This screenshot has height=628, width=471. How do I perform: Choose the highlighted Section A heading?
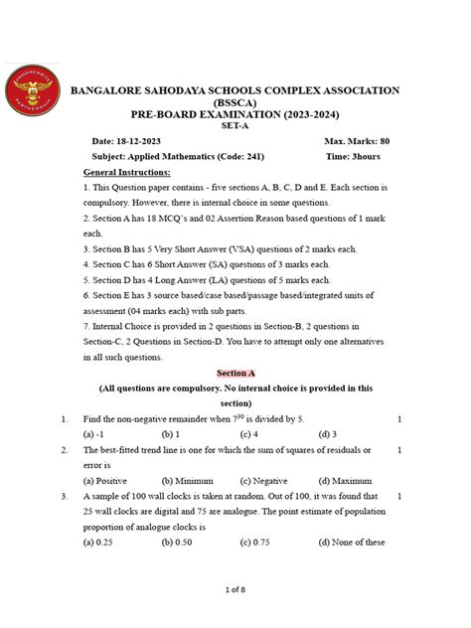point(235,372)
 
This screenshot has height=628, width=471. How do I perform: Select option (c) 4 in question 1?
point(250,434)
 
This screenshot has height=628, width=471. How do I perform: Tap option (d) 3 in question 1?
point(327,434)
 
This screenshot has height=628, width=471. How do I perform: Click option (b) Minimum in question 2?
point(188,479)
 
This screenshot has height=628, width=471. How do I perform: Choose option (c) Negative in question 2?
point(265,479)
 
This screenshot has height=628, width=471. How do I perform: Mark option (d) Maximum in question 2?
point(347,479)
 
